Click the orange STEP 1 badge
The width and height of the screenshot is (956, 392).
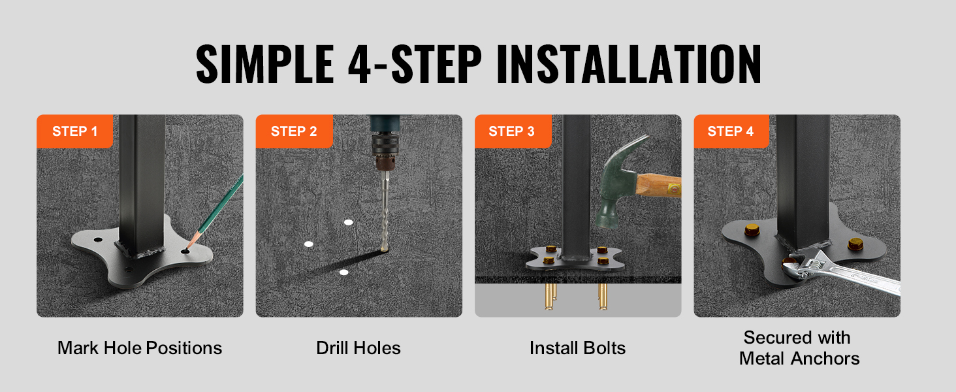[x=74, y=131]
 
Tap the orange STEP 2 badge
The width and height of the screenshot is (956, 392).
[x=294, y=131]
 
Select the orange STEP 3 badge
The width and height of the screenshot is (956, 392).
[x=513, y=131]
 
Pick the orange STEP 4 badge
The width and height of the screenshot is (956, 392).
[x=731, y=131]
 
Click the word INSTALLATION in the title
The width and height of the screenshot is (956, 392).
[x=629, y=64]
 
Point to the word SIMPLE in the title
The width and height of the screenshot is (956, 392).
[x=265, y=64]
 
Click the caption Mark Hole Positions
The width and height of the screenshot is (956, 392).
[x=140, y=348]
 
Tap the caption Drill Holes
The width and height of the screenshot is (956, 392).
[x=358, y=348]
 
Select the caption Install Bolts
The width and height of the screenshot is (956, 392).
[x=577, y=348]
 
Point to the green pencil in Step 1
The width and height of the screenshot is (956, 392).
[x=215, y=212]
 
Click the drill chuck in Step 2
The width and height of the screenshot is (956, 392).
[x=385, y=152]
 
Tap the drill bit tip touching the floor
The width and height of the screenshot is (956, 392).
[x=385, y=248]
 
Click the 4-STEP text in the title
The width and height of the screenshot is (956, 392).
[x=415, y=64]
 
